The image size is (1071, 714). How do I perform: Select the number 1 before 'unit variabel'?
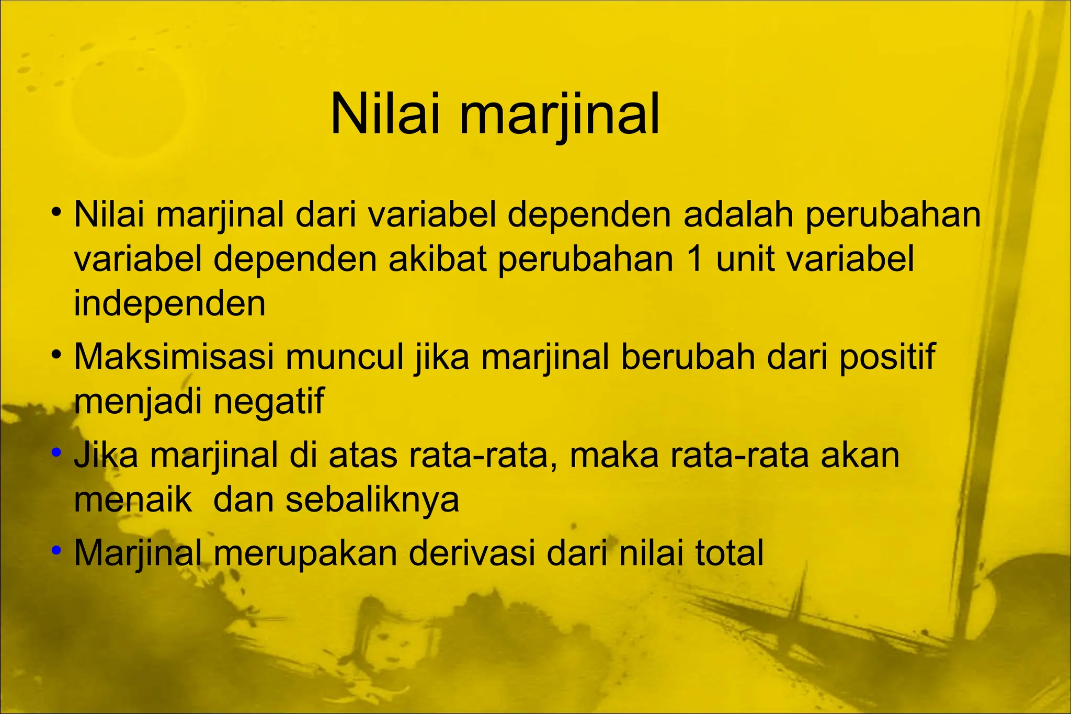695,259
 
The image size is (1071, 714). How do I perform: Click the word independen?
169,304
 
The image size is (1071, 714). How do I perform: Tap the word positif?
887,359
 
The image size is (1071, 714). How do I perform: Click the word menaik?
133,500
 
